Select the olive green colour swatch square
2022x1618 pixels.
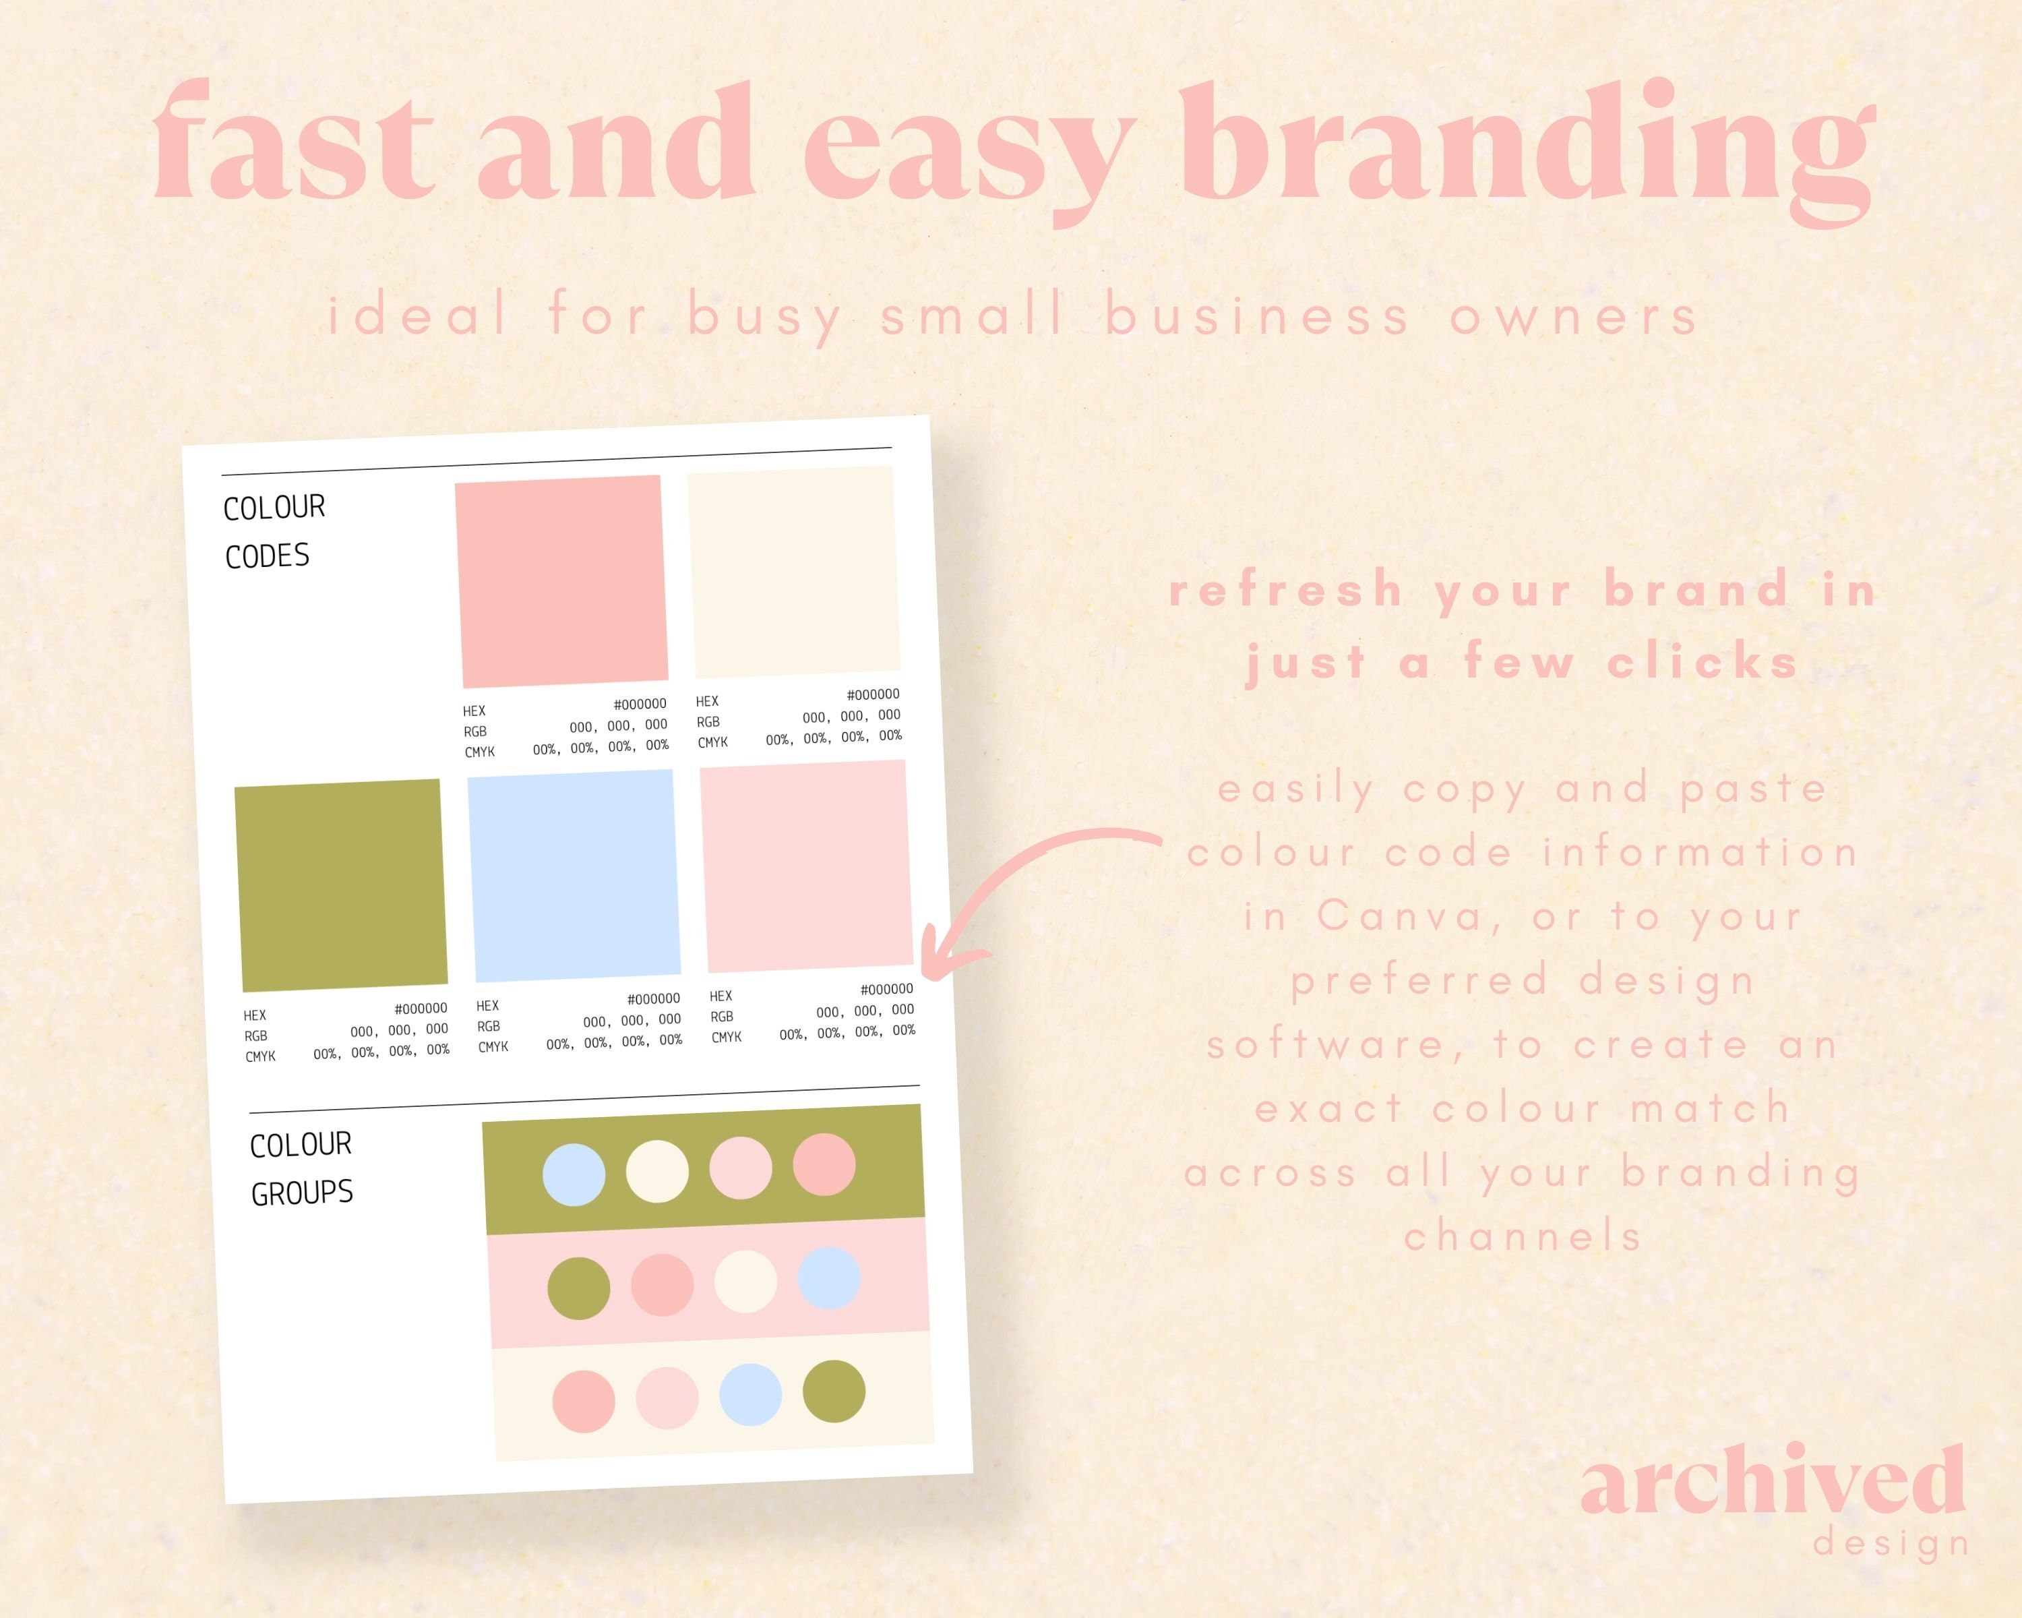coord(340,885)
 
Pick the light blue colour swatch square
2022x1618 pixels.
coord(574,875)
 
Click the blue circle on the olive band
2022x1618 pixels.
coord(574,1174)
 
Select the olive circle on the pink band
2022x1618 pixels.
coord(579,1288)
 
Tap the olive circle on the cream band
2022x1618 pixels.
coord(834,1391)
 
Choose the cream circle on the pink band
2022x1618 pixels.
coord(745,1282)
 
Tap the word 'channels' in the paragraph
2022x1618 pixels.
coord(1523,1236)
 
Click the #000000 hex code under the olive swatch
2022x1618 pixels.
coord(420,1009)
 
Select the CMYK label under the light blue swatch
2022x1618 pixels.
coord(493,1047)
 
